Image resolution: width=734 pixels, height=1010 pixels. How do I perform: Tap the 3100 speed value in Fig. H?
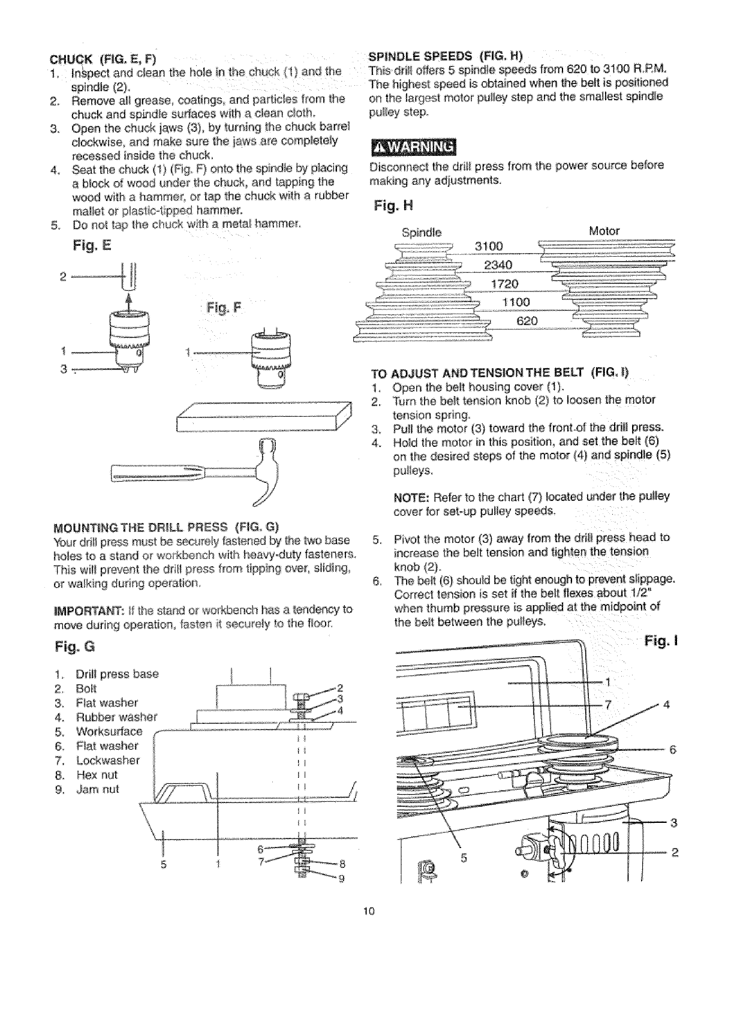coord(489,247)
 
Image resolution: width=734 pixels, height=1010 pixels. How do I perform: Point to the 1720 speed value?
coord(504,284)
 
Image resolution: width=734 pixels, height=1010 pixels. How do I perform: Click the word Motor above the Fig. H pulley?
coord(604,231)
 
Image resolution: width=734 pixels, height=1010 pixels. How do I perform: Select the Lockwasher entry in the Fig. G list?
coord(108,760)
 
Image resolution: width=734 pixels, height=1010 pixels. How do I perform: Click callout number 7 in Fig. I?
coord(608,705)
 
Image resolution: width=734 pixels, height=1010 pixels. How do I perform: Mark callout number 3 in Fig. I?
coord(673,823)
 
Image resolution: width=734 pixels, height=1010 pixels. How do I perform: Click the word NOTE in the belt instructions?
coord(410,497)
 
